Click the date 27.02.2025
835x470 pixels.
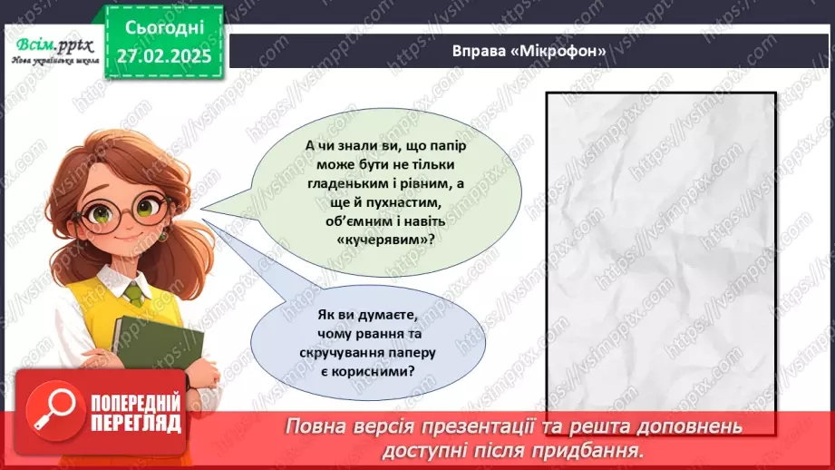[163, 55]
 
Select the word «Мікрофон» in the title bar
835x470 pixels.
[564, 51]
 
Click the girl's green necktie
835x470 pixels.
[133, 295]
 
